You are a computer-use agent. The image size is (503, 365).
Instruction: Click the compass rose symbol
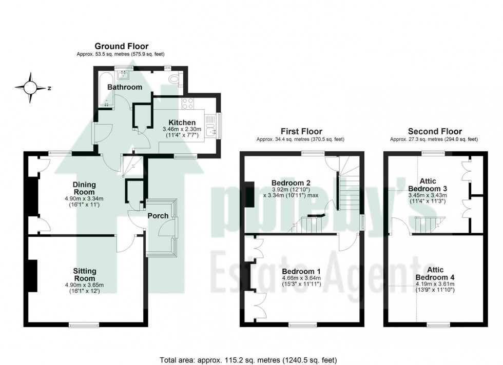click(x=30, y=88)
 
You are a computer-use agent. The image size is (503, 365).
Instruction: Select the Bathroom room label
click(x=125, y=87)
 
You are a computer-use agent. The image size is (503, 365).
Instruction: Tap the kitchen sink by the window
click(x=210, y=132)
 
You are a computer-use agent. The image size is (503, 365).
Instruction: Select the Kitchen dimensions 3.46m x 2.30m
click(x=179, y=133)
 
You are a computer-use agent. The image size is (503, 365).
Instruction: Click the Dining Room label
click(x=84, y=188)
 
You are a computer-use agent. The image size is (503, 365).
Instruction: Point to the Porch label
click(x=158, y=216)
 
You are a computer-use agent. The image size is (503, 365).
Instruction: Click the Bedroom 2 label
click(x=291, y=183)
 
